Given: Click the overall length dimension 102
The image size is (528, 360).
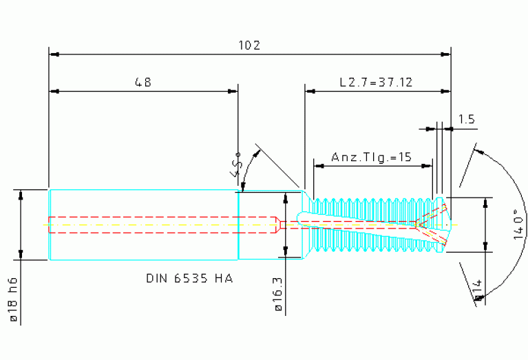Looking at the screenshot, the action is click(x=249, y=45).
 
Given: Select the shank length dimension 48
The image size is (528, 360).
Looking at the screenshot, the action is click(x=143, y=82).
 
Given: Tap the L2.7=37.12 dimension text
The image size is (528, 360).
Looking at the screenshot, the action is click(x=376, y=82).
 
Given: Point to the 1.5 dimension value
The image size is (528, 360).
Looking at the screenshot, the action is click(x=466, y=119).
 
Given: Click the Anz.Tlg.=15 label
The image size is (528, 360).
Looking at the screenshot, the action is click(x=372, y=157).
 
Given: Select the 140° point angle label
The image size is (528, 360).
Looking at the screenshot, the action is click(x=518, y=224).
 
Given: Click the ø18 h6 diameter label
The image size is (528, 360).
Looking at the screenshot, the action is click(x=13, y=299).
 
